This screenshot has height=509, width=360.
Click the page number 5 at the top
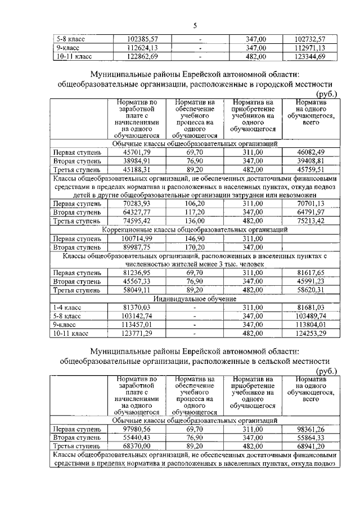click(x=195, y=25)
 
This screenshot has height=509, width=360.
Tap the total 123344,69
click(x=318, y=57)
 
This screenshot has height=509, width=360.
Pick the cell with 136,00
click(x=195, y=221)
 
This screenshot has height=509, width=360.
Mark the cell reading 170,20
click(x=195, y=247)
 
